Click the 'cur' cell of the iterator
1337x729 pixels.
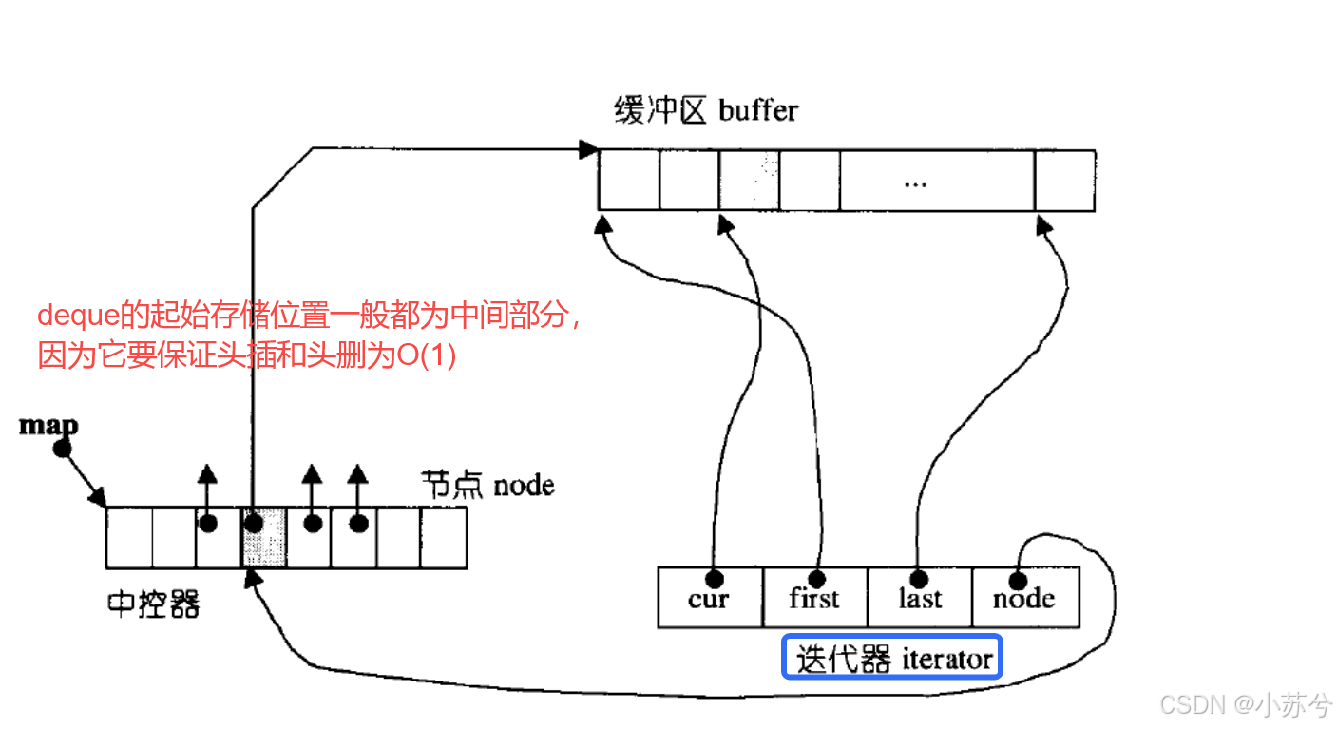tap(710, 597)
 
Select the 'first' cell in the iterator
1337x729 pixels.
tap(814, 597)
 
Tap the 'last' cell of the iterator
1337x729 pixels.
tap(919, 597)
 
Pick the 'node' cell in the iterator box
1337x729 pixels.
tap(1024, 597)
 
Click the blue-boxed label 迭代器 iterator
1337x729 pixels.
tap(893, 659)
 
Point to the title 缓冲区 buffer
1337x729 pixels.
tap(706, 110)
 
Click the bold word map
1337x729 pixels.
tap(48, 425)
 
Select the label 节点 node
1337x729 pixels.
tap(488, 486)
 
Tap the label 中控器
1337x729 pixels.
tap(153, 604)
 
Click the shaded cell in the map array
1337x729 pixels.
tap(264, 538)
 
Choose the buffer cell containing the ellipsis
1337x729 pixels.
tap(936, 180)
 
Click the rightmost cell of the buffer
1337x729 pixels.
tap(1064, 180)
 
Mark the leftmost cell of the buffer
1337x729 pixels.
tap(628, 180)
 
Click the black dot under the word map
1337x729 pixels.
tap(63, 448)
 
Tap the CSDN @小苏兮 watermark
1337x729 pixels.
tap(1245, 704)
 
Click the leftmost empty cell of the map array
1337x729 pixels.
tap(129, 538)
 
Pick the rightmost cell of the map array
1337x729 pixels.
tap(444, 538)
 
